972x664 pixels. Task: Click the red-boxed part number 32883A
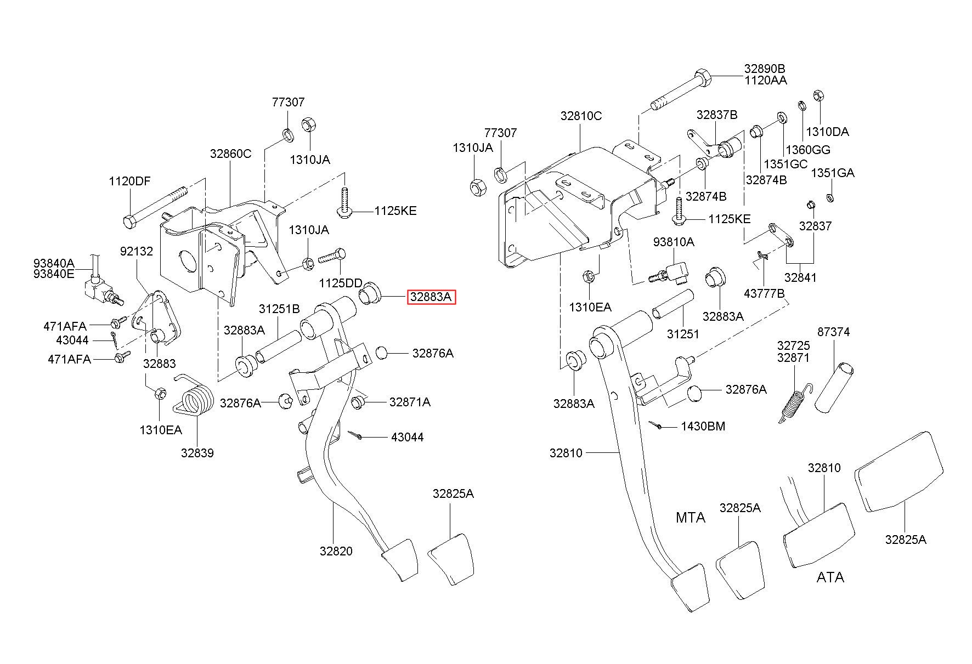click(x=431, y=297)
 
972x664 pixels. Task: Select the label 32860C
click(x=230, y=154)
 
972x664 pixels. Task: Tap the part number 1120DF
click(x=129, y=181)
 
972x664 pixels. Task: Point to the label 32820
click(x=336, y=552)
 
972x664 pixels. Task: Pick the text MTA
click(x=690, y=518)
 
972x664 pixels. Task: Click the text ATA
click(x=830, y=577)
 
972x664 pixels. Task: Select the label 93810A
click(x=674, y=242)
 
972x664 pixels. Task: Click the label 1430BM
click(x=703, y=426)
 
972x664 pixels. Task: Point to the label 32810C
click(x=581, y=116)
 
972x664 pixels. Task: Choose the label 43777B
click(x=764, y=294)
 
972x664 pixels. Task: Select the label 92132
click(x=137, y=251)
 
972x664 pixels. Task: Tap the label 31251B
click(x=279, y=309)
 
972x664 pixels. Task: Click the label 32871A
click(x=410, y=402)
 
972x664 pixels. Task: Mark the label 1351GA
click(x=833, y=173)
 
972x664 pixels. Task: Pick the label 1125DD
click(x=341, y=283)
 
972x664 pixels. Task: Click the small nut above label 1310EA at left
click(x=160, y=393)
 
